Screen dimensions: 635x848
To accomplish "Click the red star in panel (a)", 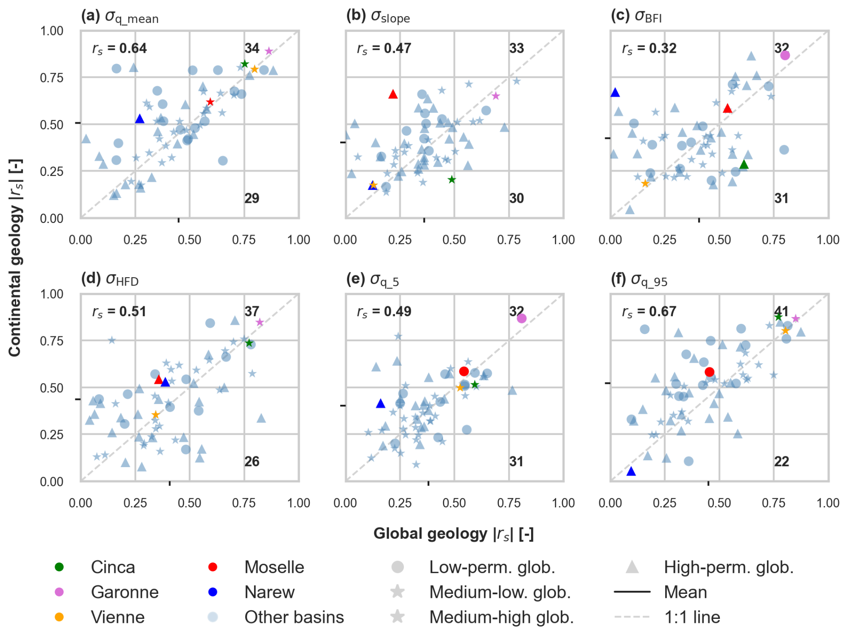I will click(x=210, y=102).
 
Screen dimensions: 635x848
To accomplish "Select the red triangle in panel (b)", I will click(x=393, y=94).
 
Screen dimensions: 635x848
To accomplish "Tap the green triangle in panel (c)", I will click(x=744, y=164).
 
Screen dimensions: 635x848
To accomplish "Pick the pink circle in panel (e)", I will click(x=521, y=318).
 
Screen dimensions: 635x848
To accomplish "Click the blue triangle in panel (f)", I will click(x=631, y=471).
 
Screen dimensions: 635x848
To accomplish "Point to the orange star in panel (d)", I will click(x=156, y=415).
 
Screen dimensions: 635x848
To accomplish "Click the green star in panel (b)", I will click(x=452, y=180).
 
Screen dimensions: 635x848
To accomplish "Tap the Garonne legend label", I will click(x=125, y=592).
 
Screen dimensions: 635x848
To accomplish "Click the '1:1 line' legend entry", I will click(x=692, y=618).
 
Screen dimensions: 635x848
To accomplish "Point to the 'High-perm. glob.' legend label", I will click(x=728, y=567).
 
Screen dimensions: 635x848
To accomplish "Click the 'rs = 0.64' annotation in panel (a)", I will click(x=120, y=48).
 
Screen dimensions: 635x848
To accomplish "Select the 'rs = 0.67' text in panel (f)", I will click(x=649, y=312).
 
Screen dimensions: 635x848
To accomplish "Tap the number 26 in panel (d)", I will click(x=252, y=462).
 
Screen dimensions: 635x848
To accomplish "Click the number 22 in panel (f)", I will click(x=781, y=462).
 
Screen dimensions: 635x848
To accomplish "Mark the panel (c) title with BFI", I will click(x=636, y=17).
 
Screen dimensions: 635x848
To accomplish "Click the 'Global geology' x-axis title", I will click(x=453, y=534).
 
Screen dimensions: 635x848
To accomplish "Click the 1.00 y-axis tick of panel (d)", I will click(x=52, y=294).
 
